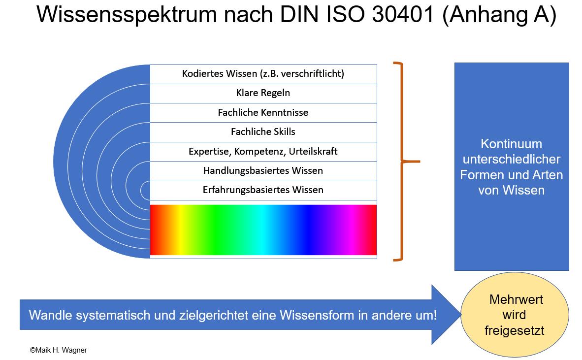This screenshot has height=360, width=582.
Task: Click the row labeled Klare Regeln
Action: click(263, 93)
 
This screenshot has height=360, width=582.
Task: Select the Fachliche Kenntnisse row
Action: click(263, 112)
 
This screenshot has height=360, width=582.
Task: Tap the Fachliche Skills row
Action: click(263, 132)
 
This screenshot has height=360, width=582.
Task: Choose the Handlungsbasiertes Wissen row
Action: click(263, 171)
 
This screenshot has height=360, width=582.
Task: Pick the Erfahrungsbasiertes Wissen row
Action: click(263, 191)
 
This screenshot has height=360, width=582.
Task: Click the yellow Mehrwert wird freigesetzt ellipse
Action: click(515, 315)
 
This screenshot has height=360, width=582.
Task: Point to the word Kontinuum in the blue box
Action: click(512, 144)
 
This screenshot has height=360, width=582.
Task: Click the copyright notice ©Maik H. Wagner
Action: click(58, 350)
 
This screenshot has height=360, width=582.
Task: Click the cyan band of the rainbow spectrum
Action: click(263, 230)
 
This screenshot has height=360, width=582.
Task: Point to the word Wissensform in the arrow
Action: click(317, 315)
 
